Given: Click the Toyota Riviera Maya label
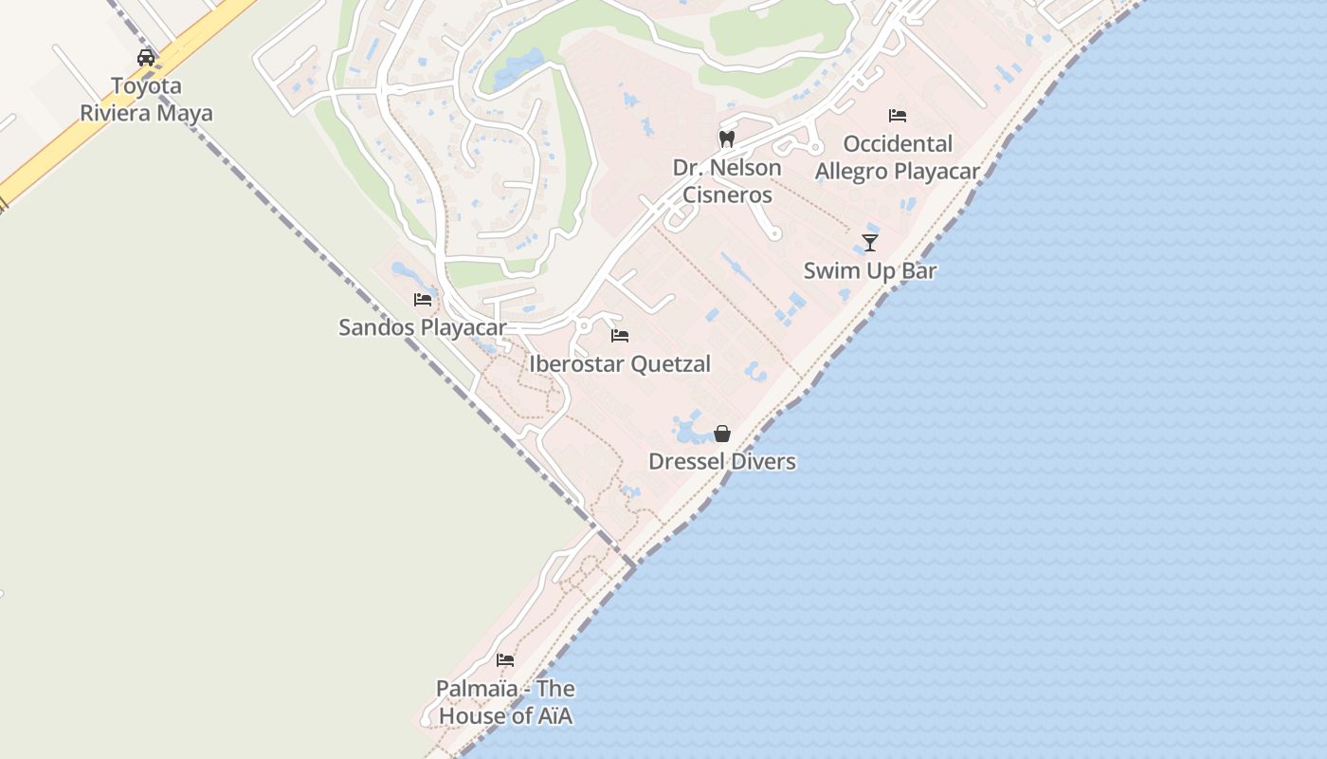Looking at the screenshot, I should click(146, 100).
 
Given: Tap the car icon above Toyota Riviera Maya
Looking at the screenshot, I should click(146, 58).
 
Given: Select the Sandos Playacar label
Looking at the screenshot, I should click(422, 327).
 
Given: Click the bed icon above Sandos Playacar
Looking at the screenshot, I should click(423, 300).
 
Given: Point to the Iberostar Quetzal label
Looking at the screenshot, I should click(620, 363).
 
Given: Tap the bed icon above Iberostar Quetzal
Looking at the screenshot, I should click(620, 336).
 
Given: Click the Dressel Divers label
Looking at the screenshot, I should click(722, 461).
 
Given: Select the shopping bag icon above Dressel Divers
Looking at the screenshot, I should click(722, 434).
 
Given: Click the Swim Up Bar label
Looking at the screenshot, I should click(870, 270).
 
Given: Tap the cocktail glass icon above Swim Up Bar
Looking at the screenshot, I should click(870, 242).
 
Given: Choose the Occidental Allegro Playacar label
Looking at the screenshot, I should click(898, 157).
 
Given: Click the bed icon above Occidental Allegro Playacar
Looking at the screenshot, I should click(898, 116).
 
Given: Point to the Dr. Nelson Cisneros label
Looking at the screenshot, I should click(727, 181).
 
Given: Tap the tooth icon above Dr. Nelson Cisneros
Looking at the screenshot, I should click(727, 139).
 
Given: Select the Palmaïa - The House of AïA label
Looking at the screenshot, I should click(505, 702).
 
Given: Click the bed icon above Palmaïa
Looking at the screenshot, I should click(505, 660).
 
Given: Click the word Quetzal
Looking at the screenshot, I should click(670, 363).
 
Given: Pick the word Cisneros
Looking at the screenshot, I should click(727, 194).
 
